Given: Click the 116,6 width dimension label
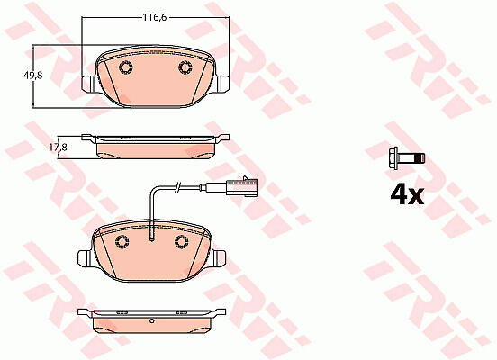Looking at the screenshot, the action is coord(154,17).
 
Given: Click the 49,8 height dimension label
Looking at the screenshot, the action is coord(33,76).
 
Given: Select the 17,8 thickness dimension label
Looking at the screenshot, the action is coord(58,148).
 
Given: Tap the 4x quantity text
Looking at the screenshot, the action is coord(407,194).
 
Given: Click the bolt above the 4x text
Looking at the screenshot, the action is coord(407,157).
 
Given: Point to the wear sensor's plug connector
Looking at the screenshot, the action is coord(241,185).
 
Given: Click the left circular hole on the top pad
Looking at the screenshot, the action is coord(126,67).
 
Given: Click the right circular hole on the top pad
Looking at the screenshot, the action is coord(185,67).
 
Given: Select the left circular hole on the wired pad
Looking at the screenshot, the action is coord(122,242).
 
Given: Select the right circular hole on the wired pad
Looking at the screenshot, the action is coord(182,242).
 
